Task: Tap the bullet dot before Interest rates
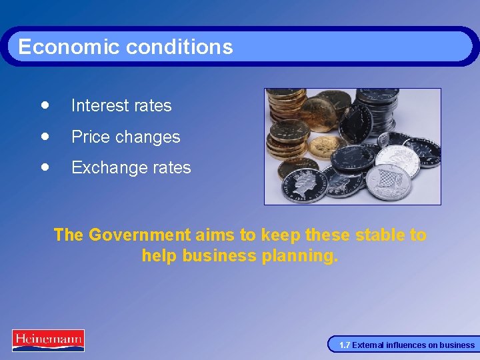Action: pyautogui.click(x=44, y=105)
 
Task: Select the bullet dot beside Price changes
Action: pyautogui.click(x=44, y=136)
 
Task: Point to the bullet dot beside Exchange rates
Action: pyautogui.click(x=44, y=167)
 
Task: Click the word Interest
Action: pyautogui.click(x=97, y=105)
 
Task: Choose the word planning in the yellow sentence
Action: pyautogui.click(x=299, y=256)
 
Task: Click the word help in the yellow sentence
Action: pyautogui.click(x=159, y=255)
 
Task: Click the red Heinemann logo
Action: pyautogui.click(x=48, y=340)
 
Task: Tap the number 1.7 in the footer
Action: pyautogui.click(x=345, y=345)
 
